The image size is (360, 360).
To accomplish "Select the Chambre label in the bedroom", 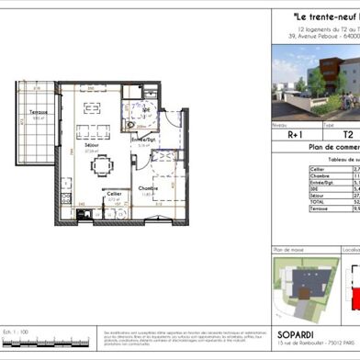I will tap(149, 189).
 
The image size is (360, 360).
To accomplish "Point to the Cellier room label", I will tap(114, 194).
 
